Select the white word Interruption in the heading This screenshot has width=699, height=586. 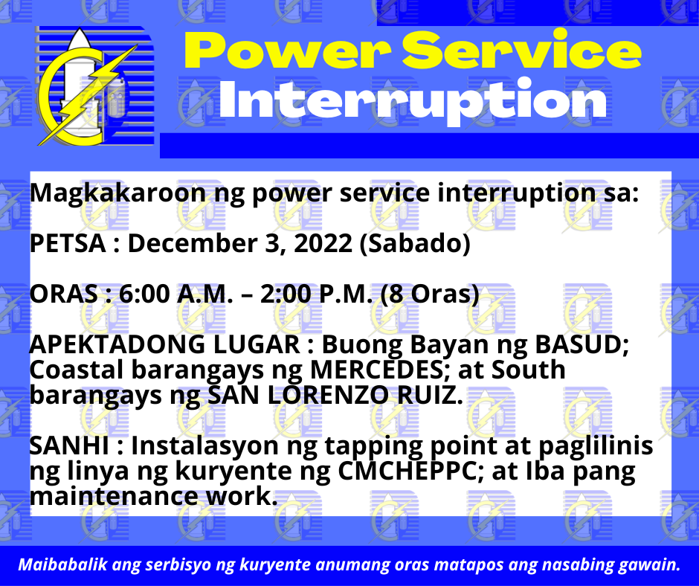tap(413, 101)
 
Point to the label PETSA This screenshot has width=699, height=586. tap(68, 243)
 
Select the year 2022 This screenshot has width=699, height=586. tap(323, 243)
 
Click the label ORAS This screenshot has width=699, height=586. tap(64, 294)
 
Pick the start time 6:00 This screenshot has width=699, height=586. tap(144, 294)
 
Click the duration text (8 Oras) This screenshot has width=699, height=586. tap(430, 294)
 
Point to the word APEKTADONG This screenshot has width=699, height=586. tap(120, 345)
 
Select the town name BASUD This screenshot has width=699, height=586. tap(582, 345)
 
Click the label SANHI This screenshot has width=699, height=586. tap(69, 446)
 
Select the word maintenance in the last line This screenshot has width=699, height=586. tap(114, 496)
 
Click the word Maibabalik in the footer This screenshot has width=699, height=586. tap(62, 564)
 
